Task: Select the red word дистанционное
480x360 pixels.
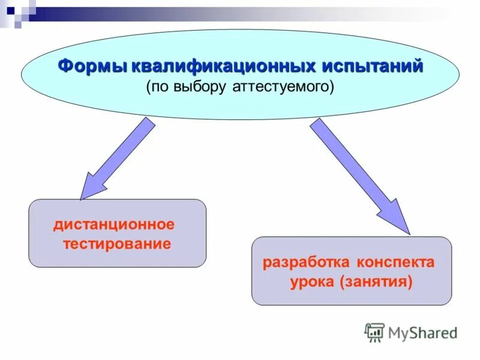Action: [114, 225]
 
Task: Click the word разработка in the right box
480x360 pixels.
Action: [306, 263]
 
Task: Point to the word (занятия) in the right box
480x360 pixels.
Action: [376, 282]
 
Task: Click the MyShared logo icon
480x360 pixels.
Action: [374, 332]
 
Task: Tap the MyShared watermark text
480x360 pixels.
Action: [423, 332]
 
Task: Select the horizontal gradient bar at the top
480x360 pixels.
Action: [240, 13]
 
